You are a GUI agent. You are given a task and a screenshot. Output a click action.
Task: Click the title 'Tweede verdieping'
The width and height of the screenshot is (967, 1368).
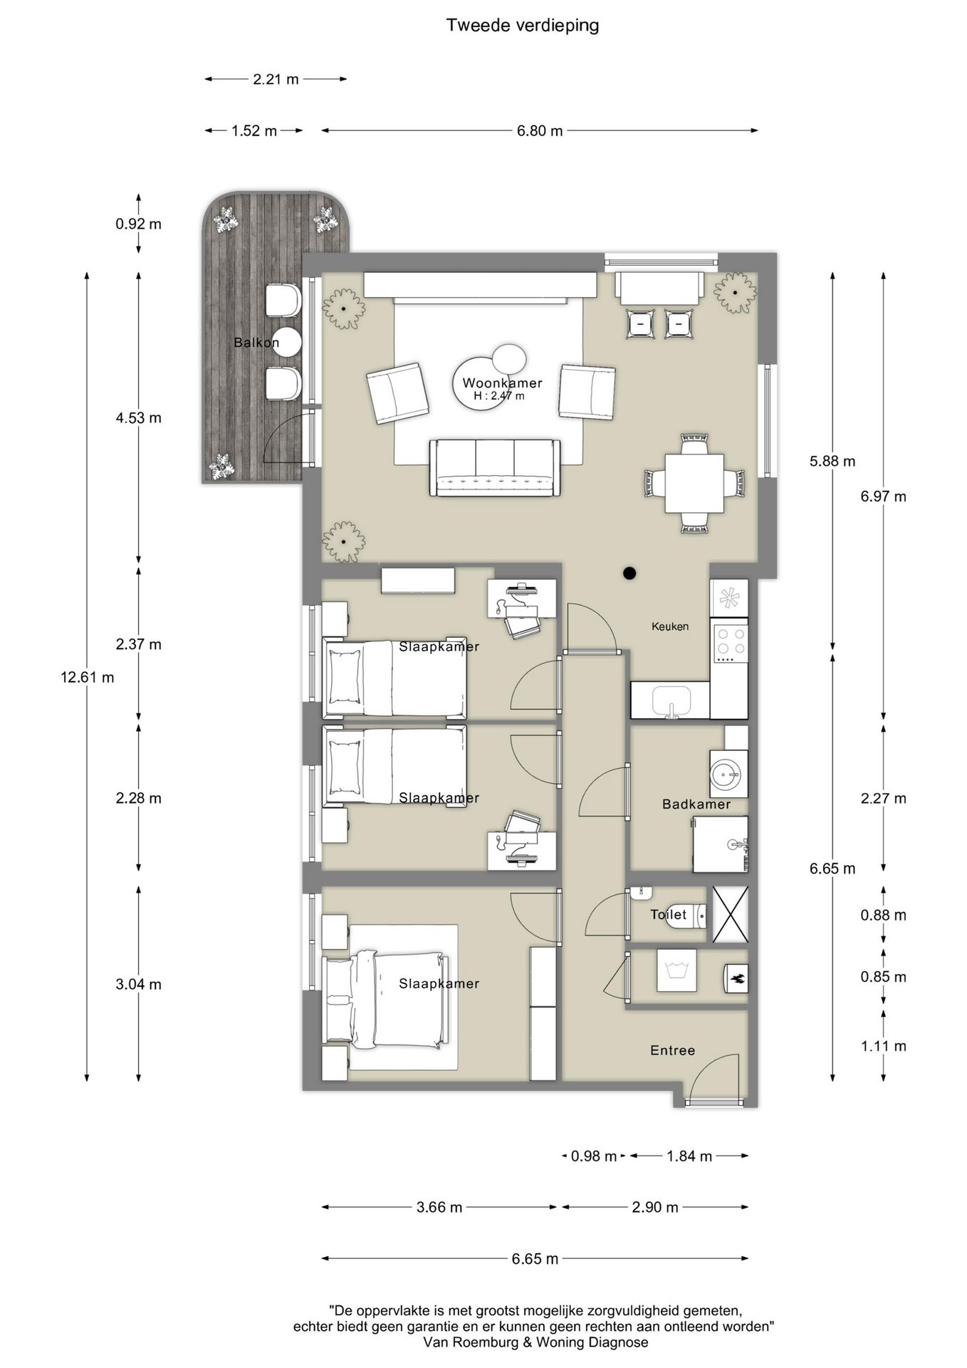pos(522,26)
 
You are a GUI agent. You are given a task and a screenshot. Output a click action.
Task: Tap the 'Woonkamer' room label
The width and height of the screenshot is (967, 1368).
pos(502,383)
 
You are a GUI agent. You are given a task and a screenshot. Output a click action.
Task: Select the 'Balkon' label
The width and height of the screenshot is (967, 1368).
pos(256,343)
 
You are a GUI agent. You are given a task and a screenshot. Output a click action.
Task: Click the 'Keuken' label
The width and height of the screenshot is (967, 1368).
pos(670,626)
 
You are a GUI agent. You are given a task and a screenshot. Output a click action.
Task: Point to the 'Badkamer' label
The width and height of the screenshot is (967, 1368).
pos(696,804)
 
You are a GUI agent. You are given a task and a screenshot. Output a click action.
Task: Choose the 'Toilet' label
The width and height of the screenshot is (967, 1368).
pos(669,914)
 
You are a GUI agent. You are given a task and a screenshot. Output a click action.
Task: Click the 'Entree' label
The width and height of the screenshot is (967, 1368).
pos(672,1050)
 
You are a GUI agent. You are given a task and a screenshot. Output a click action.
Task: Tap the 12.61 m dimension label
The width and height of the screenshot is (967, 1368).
pos(88,677)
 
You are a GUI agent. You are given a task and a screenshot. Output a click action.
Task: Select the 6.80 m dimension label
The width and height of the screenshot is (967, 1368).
pos(540,131)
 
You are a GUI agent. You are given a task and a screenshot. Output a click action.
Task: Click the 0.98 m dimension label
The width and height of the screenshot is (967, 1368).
pos(594,1156)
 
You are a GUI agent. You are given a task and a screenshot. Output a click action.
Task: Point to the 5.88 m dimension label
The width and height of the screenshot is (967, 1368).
pos(832,461)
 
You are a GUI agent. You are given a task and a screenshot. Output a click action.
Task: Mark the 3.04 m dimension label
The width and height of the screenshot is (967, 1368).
pos(139,984)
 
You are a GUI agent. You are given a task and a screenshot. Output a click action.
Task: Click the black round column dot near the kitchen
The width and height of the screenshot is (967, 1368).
pos(629,572)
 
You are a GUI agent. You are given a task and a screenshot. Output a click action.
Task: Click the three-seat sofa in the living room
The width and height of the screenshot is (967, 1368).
pos(495,467)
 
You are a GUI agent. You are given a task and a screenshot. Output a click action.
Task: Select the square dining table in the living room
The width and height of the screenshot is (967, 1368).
pos(694,483)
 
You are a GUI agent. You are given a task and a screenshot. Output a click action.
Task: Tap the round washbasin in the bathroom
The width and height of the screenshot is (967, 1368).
pos(728,773)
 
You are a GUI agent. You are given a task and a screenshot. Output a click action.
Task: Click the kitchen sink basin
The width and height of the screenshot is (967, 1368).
pos(671,700)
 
